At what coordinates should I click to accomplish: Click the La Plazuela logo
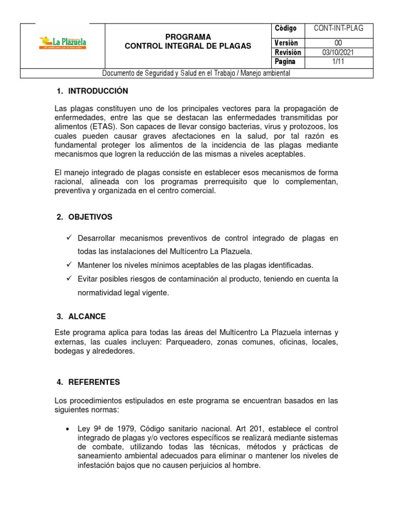[63, 42]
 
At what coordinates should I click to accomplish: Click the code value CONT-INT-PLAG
[338, 29]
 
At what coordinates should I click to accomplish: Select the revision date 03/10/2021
[338, 53]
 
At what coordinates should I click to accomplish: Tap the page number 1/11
[338, 62]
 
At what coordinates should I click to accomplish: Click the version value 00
[338, 43]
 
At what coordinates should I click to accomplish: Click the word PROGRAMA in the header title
[188, 37]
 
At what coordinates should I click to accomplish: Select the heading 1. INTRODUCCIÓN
[92, 91]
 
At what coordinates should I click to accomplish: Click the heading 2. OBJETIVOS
[84, 217]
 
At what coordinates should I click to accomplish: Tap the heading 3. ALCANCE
[81, 316]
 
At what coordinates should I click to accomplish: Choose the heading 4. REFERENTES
[88, 382]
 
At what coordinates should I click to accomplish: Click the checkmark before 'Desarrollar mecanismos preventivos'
[69, 238]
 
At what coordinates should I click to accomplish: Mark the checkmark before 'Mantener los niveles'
[69, 265]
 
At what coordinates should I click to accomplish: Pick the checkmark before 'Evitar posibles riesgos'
[69, 279]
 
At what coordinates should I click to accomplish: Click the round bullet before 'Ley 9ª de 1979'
[68, 429]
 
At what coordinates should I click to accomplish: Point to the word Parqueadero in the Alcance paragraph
[189, 342]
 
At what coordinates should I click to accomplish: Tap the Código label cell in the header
[286, 29]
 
